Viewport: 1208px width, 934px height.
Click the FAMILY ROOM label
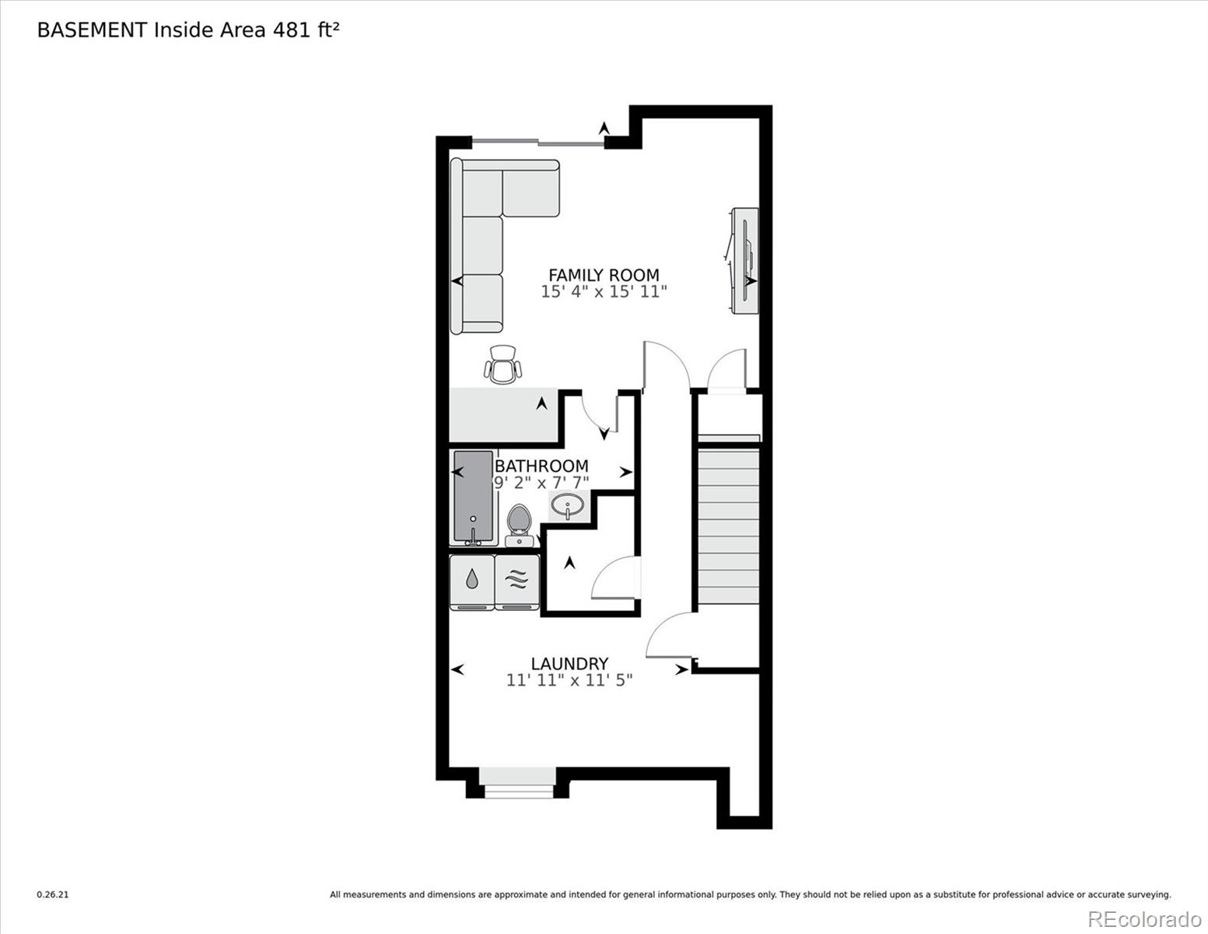[604, 275]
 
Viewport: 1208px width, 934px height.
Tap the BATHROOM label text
[541, 465]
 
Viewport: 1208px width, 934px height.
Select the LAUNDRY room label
[569, 663]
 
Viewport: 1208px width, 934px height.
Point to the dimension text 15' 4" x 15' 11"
[604, 293]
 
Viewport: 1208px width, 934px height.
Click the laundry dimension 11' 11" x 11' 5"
[569, 680]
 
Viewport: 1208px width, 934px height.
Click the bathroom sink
[568, 506]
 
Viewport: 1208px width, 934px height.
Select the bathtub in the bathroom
[473, 497]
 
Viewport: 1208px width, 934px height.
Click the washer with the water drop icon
[472, 581]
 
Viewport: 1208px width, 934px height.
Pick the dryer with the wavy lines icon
[517, 581]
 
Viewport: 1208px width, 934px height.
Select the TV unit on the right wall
[745, 261]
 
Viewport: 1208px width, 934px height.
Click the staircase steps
[728, 525]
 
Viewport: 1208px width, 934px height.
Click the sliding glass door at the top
[538, 142]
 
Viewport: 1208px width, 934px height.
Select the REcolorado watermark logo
[1143, 918]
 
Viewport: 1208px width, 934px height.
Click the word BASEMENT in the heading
[92, 30]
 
